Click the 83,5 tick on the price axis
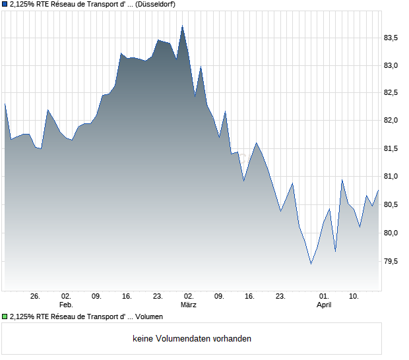point(392,38)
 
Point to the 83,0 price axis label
point(392,65)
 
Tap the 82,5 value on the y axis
point(392,93)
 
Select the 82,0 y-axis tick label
point(392,121)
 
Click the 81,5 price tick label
point(392,149)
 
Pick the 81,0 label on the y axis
point(392,177)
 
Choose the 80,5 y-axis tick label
point(392,205)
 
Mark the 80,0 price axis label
point(392,233)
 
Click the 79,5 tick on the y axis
point(392,261)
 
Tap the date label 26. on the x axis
point(36,297)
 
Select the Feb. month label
point(66,305)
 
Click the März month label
point(189,305)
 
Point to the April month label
point(324,305)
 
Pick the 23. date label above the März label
point(158,297)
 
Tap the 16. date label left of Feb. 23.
point(127,297)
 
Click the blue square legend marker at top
point(5,5)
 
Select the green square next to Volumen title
point(5,317)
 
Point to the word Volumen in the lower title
point(149,317)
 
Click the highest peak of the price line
point(182,26)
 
